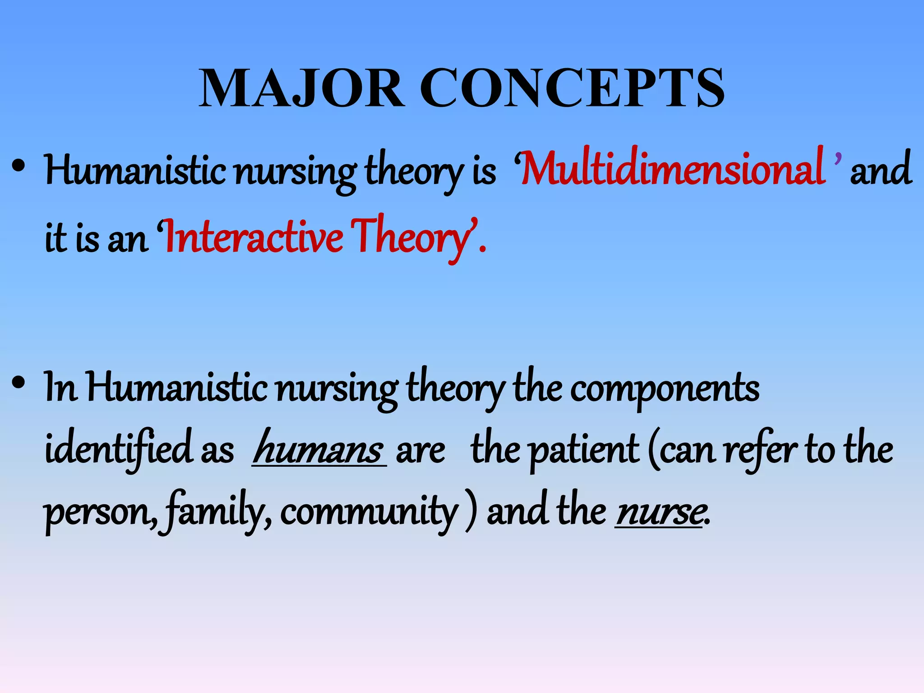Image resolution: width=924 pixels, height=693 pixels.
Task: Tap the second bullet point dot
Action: pyautogui.click(x=18, y=383)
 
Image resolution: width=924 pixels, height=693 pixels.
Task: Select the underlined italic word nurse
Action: pyautogui.click(x=660, y=512)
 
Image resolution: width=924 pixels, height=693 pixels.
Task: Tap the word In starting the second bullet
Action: pyautogui.click(x=60, y=388)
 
